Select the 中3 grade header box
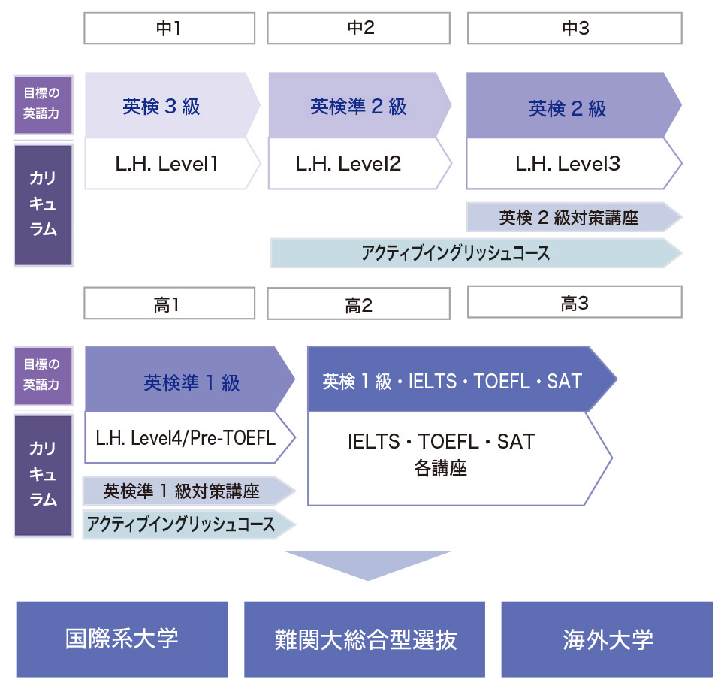575,29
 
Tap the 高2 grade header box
358,304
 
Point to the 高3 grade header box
575,302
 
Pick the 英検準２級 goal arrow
357,106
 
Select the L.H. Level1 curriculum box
167,163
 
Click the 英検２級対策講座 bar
569,218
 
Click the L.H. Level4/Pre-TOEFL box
186,437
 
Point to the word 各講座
440,469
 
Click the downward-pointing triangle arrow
368,564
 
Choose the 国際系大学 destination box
122,639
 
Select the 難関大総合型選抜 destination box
364,639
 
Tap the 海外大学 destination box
607,639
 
